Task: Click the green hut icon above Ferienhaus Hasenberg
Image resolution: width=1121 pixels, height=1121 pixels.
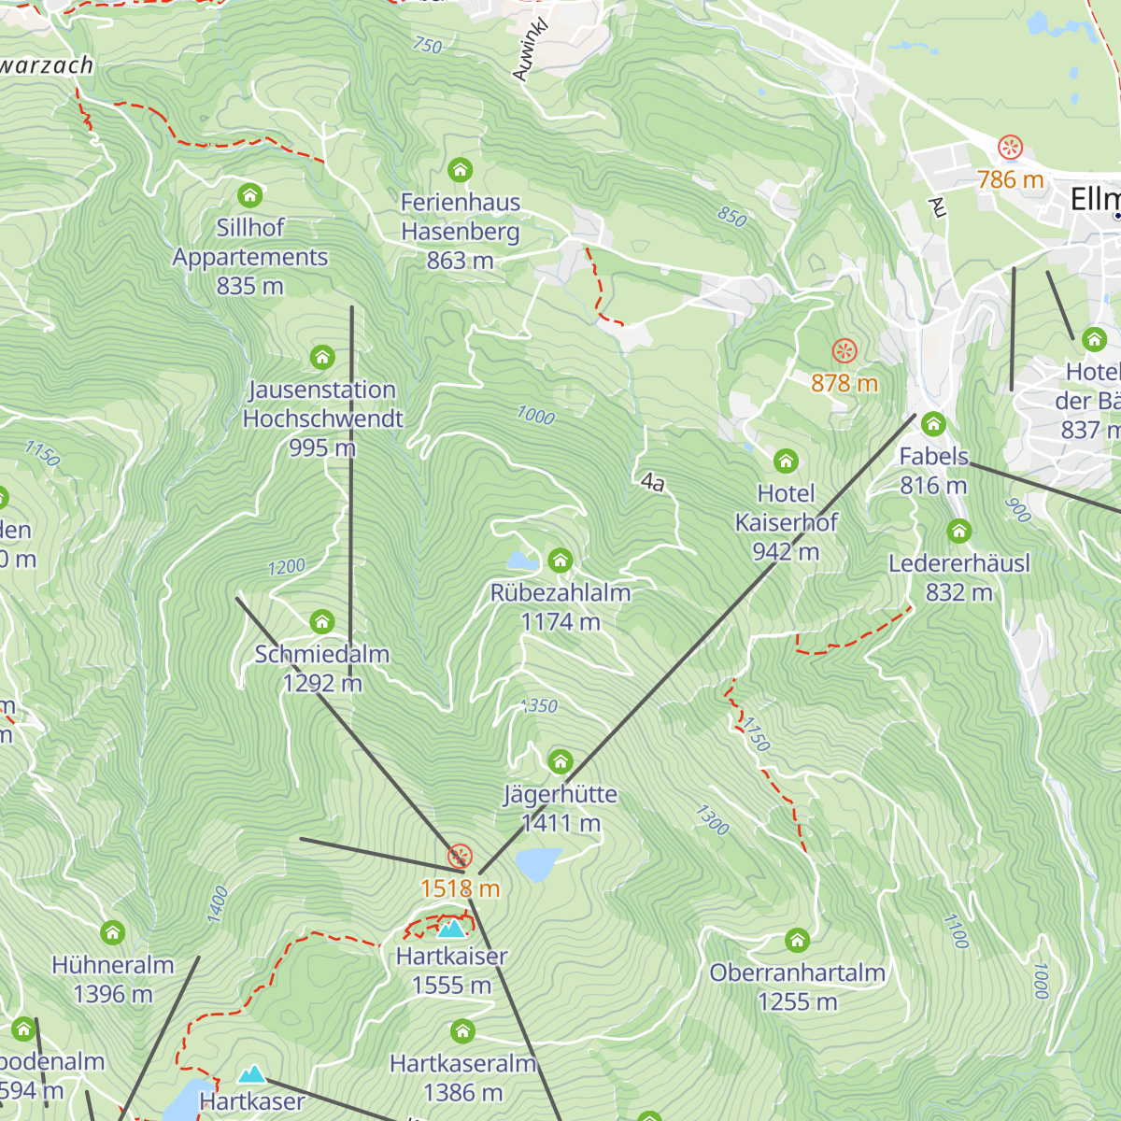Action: [460, 170]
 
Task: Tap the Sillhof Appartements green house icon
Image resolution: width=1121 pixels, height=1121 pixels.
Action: [249, 195]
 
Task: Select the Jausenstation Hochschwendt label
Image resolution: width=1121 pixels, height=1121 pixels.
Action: [322, 418]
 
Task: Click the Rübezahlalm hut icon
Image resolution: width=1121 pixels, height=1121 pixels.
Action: [560, 560]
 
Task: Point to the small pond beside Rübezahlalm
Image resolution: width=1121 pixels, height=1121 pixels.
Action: [521, 560]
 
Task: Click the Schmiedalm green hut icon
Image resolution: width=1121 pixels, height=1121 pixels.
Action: [322, 622]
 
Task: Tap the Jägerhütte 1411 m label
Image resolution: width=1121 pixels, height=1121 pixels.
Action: [560, 809]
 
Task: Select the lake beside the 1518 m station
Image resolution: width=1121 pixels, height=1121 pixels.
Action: [539, 864]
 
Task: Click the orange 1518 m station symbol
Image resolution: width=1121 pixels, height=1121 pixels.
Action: [460, 856]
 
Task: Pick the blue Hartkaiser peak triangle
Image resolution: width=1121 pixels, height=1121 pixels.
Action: [451, 929]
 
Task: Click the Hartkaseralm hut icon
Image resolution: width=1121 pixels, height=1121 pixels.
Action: [462, 1031]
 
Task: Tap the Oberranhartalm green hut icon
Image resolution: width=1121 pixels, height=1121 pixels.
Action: [797, 940]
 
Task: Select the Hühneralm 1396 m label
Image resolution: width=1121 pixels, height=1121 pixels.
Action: [113, 979]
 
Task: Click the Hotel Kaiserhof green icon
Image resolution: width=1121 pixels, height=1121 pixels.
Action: [786, 461]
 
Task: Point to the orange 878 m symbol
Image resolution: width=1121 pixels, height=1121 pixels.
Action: [844, 351]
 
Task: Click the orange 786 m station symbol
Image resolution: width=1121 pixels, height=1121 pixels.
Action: [1010, 148]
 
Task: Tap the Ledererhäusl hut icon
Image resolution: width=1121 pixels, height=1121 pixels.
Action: [958, 532]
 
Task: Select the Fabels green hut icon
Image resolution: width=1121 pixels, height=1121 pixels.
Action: [933, 424]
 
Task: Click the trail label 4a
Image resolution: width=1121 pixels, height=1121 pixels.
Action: [653, 483]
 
